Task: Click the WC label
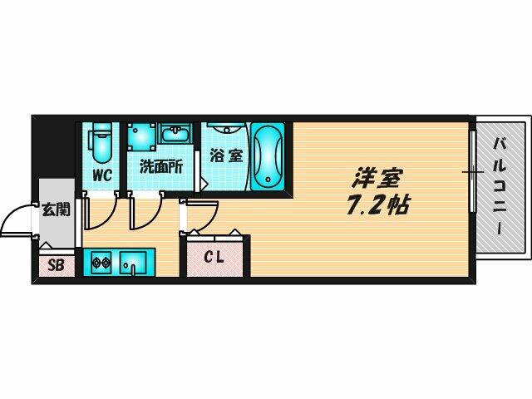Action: point(102,175)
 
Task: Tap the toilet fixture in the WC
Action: point(101,143)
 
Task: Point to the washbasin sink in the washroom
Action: point(175,136)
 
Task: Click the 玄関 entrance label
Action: point(56,209)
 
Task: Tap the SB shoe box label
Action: point(56,265)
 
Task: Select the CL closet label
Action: point(214,257)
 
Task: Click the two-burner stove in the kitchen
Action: point(99,264)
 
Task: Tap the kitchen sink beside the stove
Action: point(131,265)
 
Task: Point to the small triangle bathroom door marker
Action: point(204,183)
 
